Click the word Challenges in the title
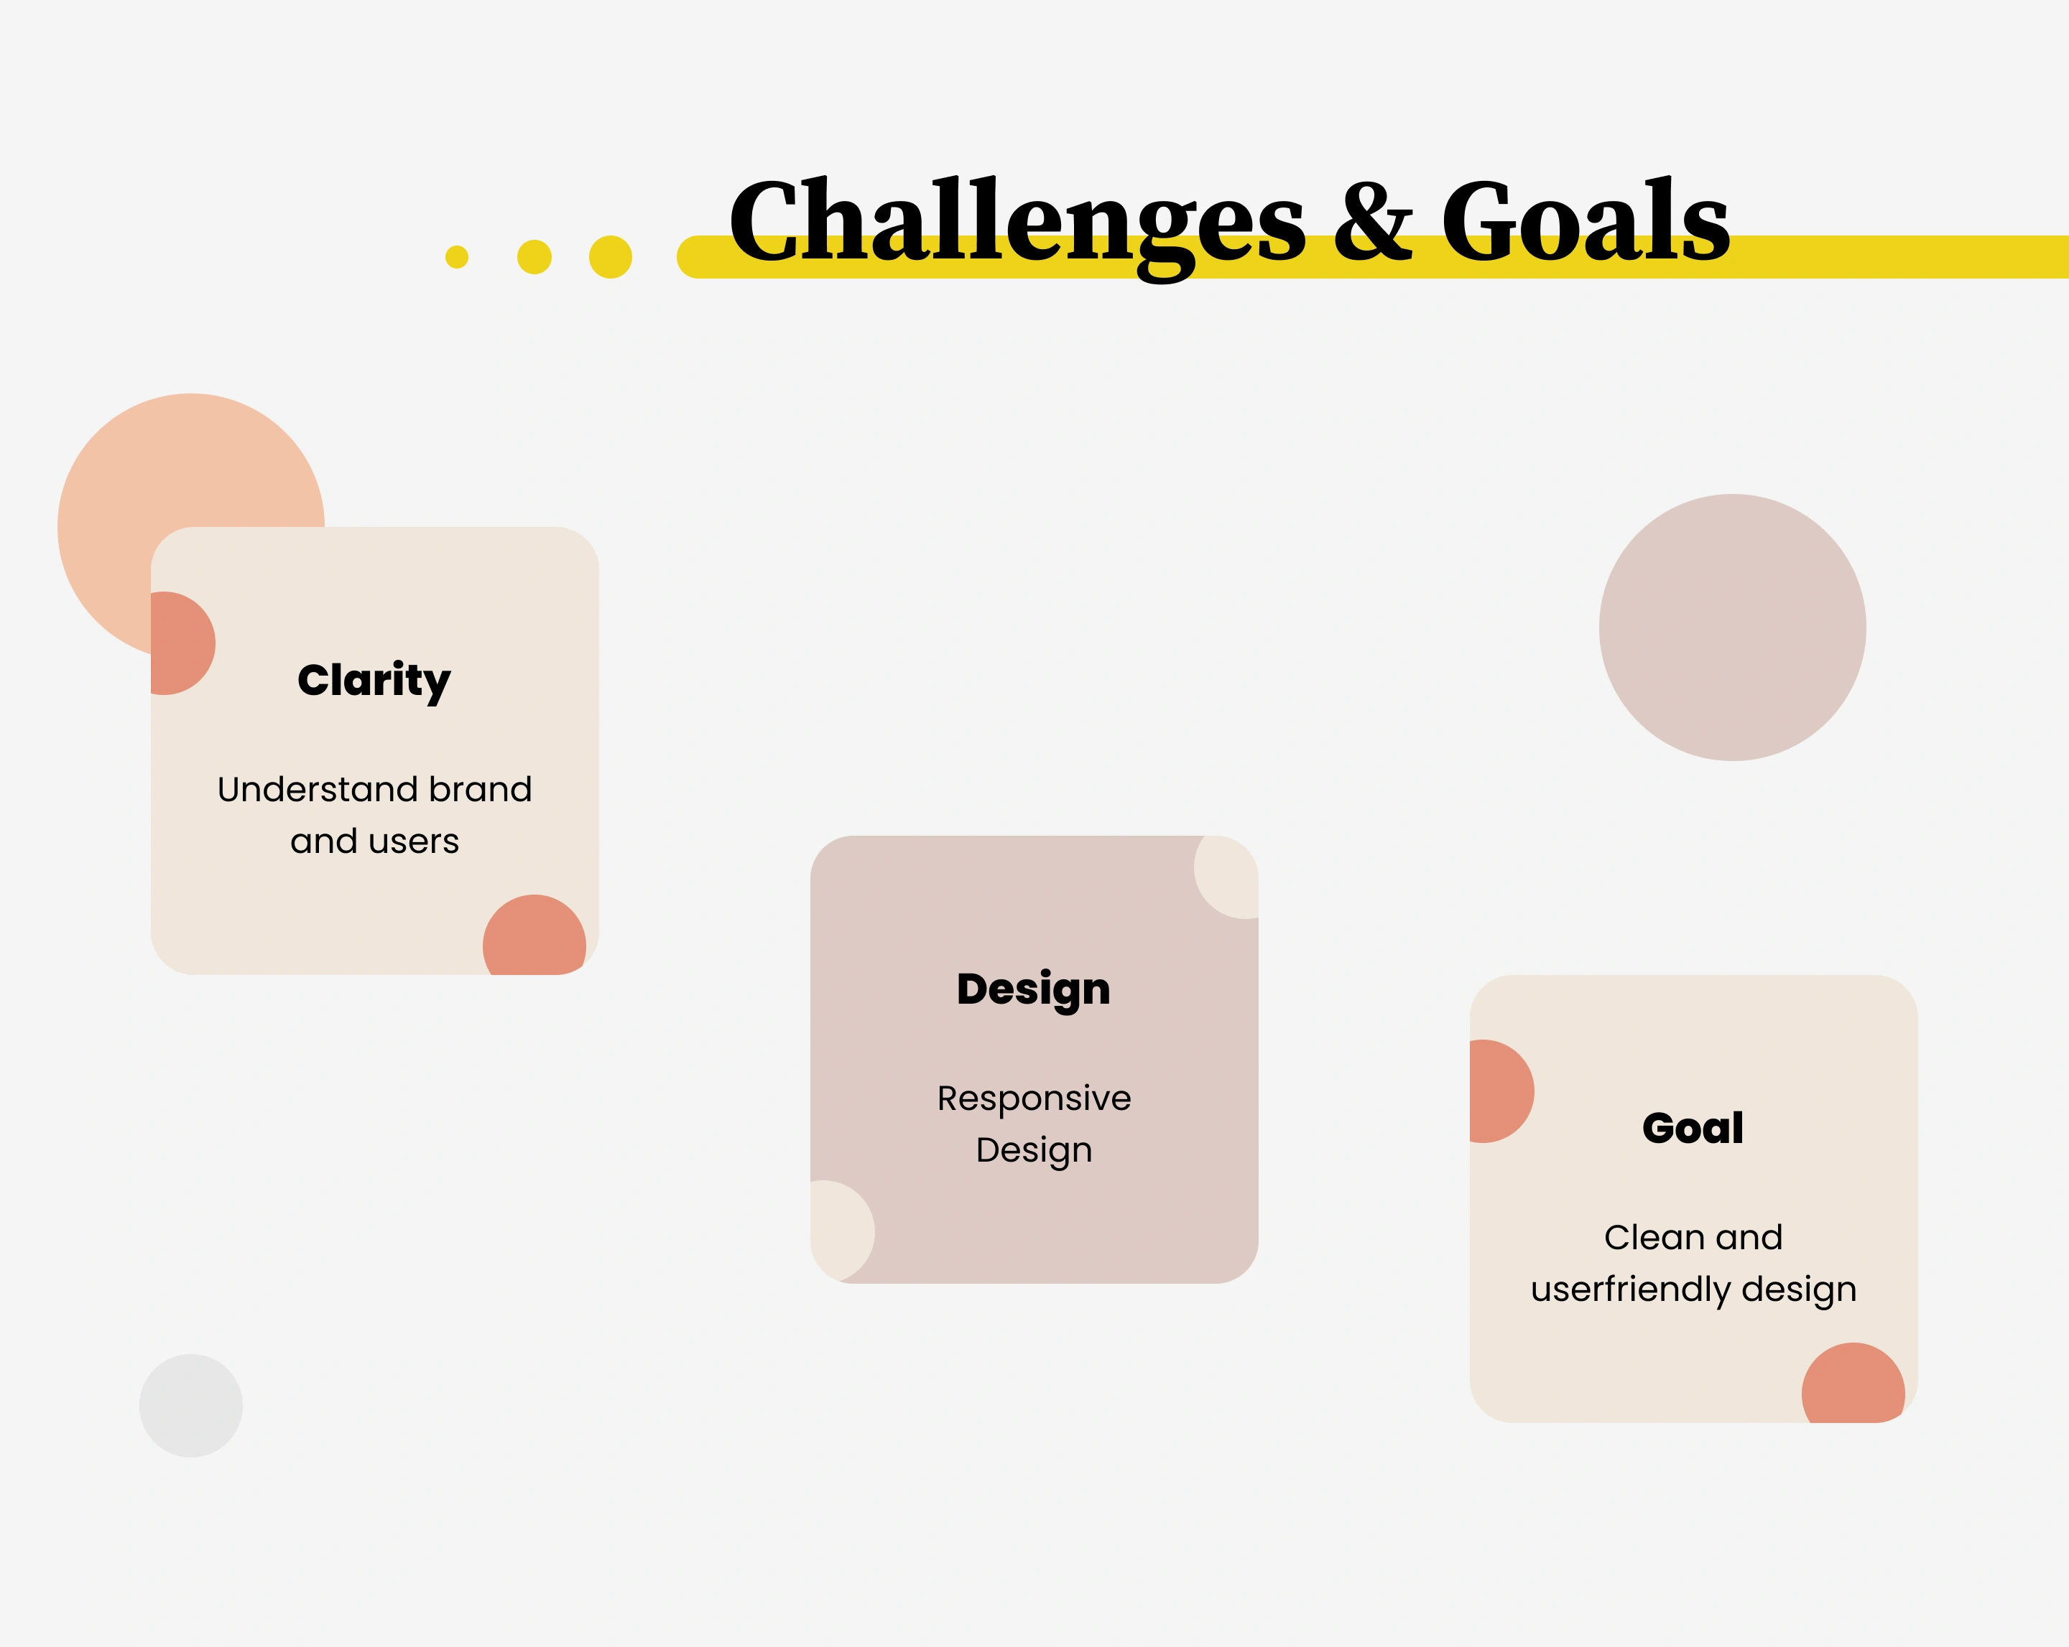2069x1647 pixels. [1017, 226]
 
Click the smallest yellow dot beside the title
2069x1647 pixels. [457, 257]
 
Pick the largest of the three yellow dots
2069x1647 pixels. [611, 257]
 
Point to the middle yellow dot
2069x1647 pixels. [534, 257]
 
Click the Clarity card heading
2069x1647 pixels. [374, 681]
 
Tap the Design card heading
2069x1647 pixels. [1034, 990]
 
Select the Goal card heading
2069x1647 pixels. [1693, 1128]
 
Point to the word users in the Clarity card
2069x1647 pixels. [415, 842]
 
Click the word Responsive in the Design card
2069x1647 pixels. [1034, 1099]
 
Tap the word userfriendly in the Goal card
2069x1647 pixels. [1631, 1290]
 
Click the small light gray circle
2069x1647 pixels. [191, 1406]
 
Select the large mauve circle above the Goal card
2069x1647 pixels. [1732, 627]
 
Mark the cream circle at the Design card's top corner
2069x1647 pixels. [1229, 874]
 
